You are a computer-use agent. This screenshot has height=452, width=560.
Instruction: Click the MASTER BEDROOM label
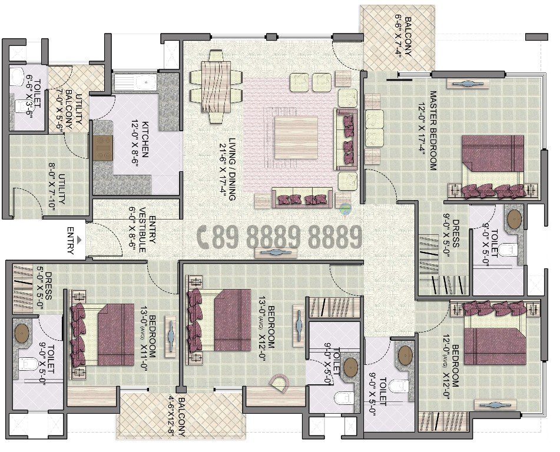click(x=432, y=130)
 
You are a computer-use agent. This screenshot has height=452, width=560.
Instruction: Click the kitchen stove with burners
click(x=102, y=148)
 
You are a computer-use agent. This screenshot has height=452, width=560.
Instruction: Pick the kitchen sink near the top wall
click(x=134, y=84)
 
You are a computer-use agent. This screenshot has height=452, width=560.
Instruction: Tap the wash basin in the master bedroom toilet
click(x=514, y=219)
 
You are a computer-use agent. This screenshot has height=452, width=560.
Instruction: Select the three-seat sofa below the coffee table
click(x=301, y=198)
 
